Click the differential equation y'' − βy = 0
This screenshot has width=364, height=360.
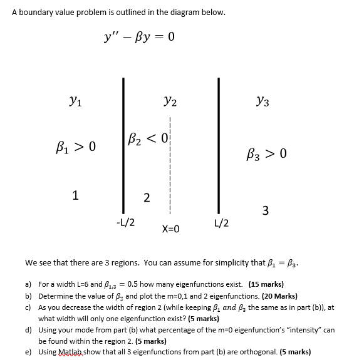(139, 36)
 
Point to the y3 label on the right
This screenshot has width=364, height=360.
(263, 99)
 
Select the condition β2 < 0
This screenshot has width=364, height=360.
(145, 137)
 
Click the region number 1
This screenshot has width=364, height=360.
(75, 195)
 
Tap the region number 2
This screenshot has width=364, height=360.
(146, 198)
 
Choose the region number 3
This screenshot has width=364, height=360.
(266, 210)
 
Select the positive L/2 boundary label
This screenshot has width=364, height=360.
(221, 222)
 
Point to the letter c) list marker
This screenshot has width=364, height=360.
(28, 307)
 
